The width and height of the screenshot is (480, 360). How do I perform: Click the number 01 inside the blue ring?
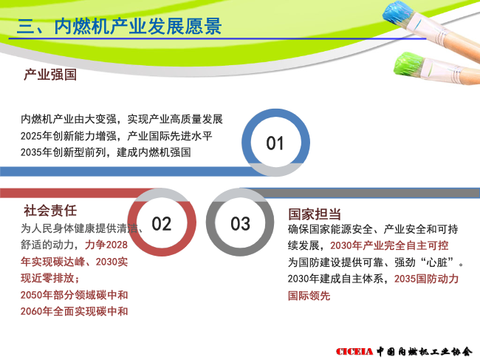point(275,143)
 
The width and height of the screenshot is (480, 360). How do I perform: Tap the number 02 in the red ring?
point(161,224)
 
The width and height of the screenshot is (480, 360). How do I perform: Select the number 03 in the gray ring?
point(240,224)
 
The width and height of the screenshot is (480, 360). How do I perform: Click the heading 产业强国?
point(50,75)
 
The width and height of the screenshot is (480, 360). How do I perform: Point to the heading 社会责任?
point(50,211)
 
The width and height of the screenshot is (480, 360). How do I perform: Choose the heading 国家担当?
point(315,214)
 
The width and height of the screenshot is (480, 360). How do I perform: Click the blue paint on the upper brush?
point(398,14)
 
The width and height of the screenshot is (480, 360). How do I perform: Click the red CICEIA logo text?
point(354,351)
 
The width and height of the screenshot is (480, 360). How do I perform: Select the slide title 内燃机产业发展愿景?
point(138,26)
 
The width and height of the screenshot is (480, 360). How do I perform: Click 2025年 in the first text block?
point(36,136)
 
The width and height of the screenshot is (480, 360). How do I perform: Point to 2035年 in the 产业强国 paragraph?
point(36,152)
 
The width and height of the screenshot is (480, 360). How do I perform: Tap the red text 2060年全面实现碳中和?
point(75,311)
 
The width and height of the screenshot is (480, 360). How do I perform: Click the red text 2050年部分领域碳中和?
point(75,295)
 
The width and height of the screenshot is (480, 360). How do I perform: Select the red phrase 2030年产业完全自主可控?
point(389,245)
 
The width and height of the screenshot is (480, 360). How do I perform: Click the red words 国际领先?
point(309,296)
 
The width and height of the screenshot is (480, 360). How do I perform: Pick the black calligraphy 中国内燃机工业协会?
point(425,351)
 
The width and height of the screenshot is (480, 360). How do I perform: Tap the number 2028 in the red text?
point(117,245)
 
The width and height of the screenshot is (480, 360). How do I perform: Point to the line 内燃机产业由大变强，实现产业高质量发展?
point(122,119)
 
